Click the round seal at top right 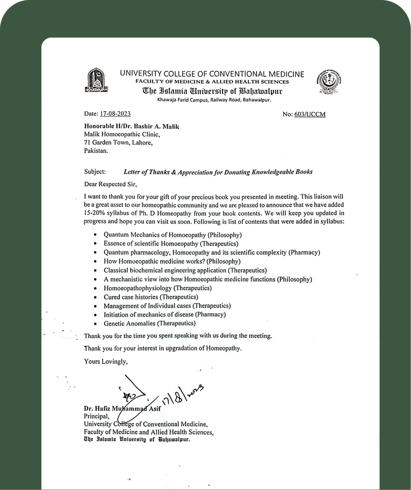329,81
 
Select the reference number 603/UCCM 310,114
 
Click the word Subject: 95,172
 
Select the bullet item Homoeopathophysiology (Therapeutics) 157,288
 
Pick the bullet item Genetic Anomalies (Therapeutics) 149,323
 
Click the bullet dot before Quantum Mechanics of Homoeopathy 96,235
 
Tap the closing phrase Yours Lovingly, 106,361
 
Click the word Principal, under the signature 96,417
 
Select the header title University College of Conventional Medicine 212,74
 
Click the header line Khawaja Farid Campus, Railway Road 214,100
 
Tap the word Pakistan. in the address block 96,151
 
